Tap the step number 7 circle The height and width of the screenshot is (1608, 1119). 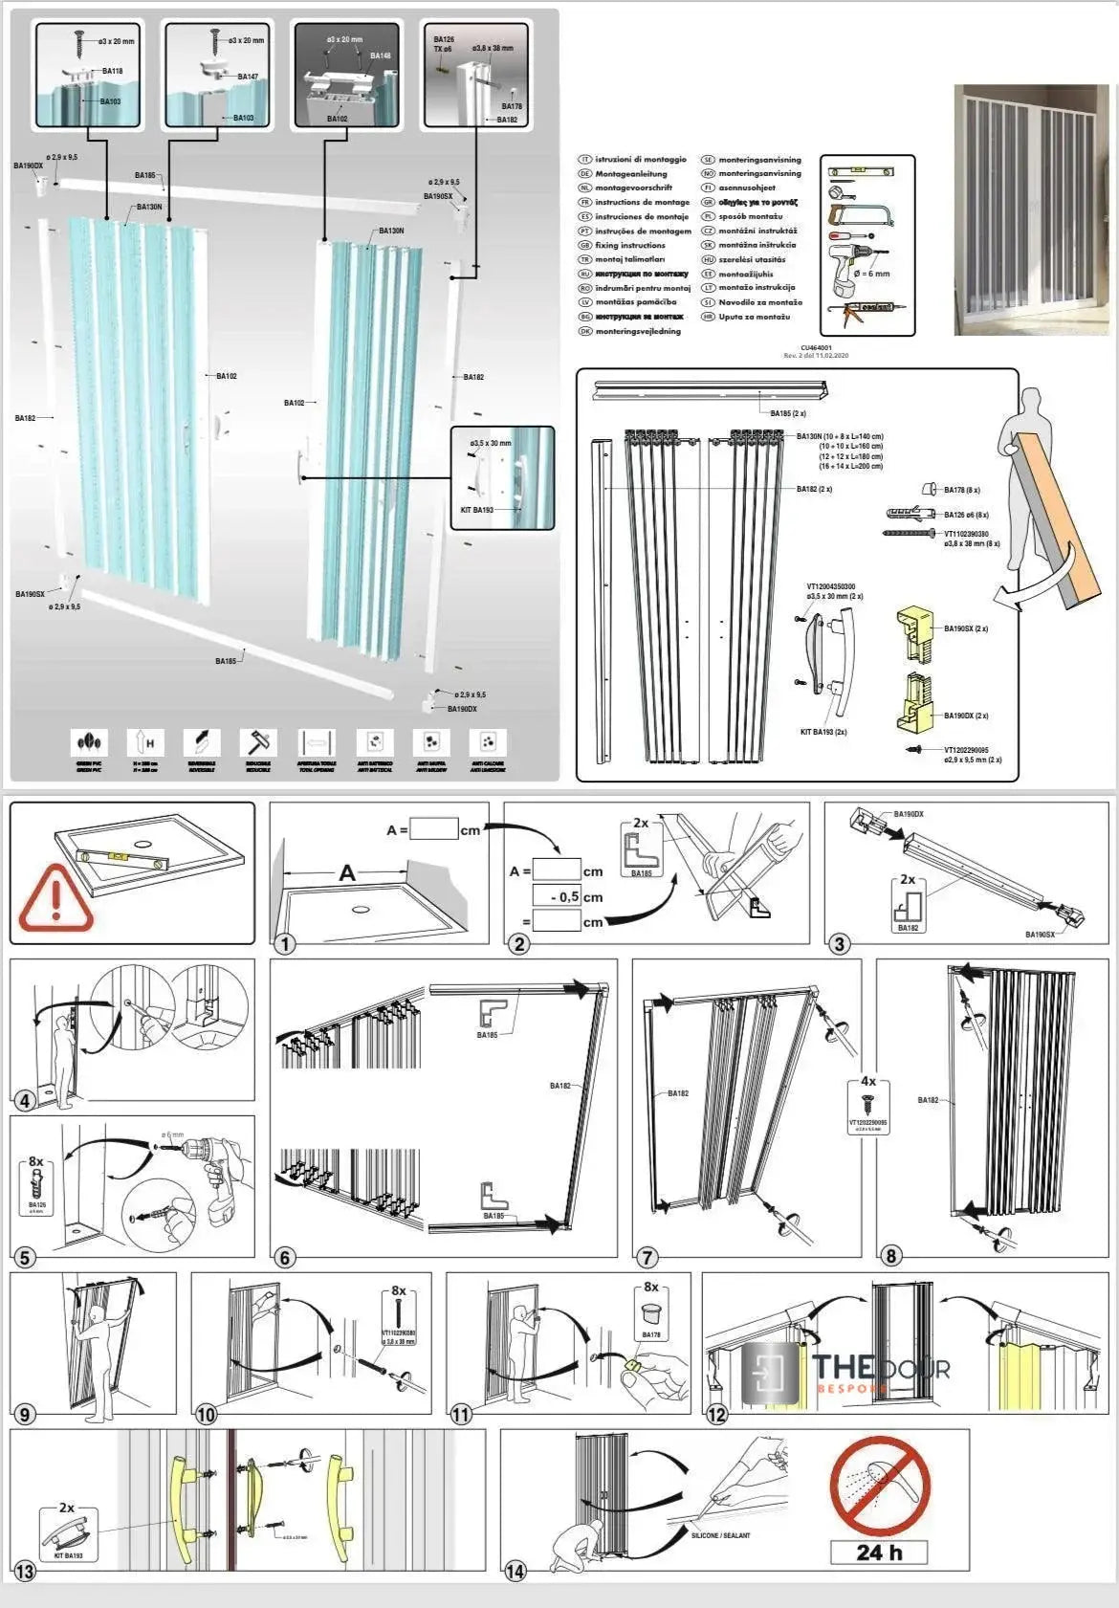647,1256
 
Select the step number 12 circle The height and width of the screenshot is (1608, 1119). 716,1414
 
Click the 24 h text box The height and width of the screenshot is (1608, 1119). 879,1552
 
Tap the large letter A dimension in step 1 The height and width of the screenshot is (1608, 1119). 347,872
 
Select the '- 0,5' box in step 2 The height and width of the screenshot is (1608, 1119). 558,896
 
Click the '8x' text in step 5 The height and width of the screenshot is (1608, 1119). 36,1161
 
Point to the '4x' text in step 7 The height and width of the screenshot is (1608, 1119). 868,1081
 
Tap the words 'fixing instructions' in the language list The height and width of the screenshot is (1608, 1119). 629,246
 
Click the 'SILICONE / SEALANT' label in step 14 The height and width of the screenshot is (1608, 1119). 720,1535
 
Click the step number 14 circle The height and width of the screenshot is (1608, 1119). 516,1571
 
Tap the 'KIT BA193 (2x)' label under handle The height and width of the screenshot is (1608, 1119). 823,732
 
